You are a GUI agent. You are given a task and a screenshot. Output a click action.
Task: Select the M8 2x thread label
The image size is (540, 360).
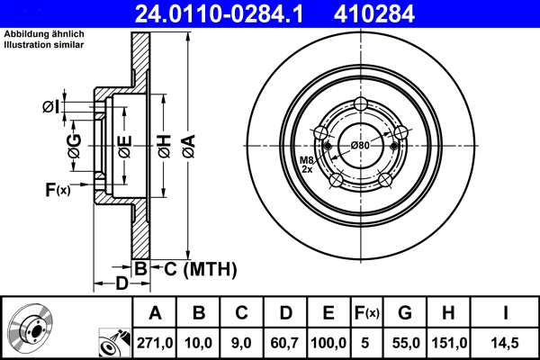click(307, 165)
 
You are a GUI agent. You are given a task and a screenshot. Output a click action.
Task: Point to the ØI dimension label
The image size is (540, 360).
click(51, 108)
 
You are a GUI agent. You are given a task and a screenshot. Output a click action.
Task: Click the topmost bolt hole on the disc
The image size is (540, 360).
click(360, 103)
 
